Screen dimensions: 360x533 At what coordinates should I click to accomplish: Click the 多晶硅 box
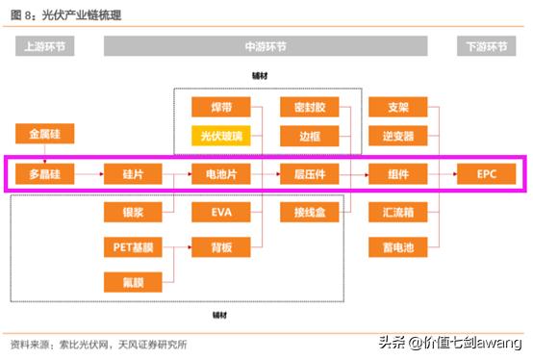pos(44,174)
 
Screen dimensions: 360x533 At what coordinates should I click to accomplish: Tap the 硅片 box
pos(133,174)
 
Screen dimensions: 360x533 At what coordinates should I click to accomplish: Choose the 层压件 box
pos(310,174)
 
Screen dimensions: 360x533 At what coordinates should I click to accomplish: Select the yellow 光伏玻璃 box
pos(221,137)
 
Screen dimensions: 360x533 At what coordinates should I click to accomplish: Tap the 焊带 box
pos(221,107)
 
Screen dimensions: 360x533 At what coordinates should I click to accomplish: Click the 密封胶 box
pos(310,107)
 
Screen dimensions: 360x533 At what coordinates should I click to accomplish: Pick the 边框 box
pos(310,137)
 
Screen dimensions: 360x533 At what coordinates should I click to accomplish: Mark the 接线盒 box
pos(310,211)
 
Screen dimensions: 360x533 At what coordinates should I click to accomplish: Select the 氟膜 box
pos(133,281)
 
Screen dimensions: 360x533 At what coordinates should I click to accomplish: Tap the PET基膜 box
pos(133,247)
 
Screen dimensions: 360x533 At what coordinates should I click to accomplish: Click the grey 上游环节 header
pos(44,47)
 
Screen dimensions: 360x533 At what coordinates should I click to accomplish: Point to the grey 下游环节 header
pos(485,47)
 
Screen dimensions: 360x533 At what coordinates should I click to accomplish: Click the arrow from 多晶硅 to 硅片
pos(89,174)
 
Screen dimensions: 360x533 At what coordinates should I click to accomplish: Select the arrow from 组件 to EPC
pos(443,174)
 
